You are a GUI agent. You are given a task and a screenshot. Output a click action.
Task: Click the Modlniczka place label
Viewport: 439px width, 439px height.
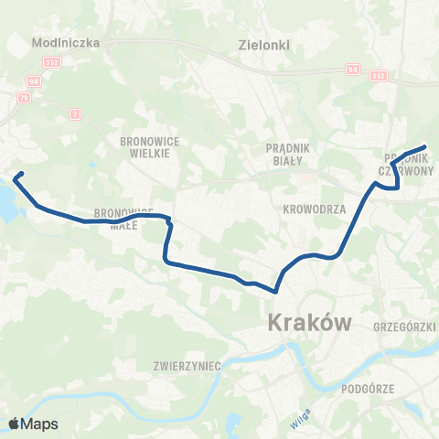(58, 42)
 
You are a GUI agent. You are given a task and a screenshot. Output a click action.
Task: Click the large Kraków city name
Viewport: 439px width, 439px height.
(310, 322)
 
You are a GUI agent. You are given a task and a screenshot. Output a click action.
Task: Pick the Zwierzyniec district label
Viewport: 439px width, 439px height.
(189, 365)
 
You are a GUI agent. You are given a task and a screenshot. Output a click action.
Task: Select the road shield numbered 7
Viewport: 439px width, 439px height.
(75, 112)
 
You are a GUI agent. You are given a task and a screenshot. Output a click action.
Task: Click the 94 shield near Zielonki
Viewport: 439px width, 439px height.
(352, 68)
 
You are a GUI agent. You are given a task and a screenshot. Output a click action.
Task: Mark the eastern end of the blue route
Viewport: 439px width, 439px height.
(425, 146)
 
